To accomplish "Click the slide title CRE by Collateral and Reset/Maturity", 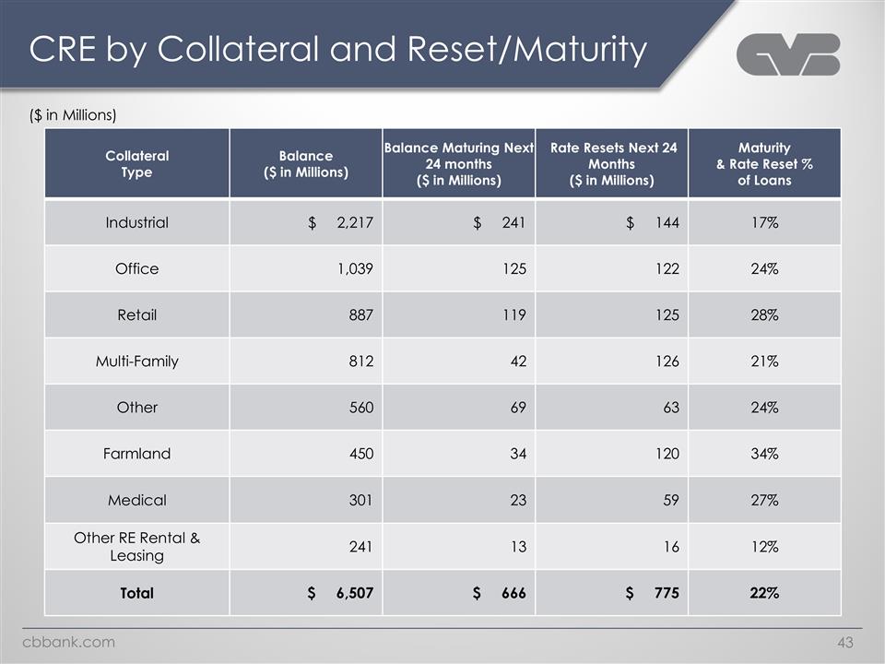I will tap(337, 50).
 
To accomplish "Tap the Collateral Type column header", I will tap(136, 163).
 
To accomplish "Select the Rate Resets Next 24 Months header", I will tap(613, 163).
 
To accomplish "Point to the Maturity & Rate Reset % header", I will tap(764, 163).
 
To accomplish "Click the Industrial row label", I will tap(136, 222).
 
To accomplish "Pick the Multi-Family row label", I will tap(136, 361).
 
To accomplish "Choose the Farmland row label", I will tap(136, 454).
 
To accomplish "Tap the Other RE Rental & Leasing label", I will tap(136, 546).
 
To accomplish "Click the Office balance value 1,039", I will tap(355, 268).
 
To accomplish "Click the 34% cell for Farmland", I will tap(764, 454).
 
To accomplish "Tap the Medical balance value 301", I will tap(360, 500).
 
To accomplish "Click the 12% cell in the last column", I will tap(764, 546).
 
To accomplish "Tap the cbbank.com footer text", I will tap(69, 642).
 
